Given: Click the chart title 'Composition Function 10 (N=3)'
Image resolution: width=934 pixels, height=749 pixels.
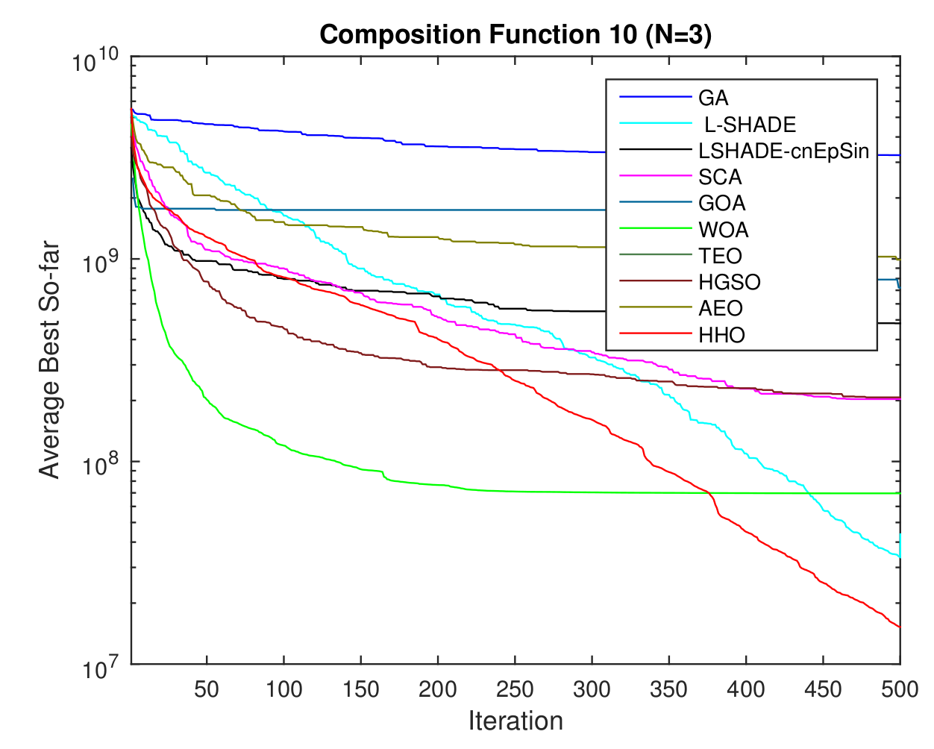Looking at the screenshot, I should coord(515,34).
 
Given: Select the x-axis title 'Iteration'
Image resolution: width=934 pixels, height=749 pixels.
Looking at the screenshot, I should coord(515,721).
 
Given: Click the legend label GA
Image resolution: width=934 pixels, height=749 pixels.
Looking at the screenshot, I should coord(713,98).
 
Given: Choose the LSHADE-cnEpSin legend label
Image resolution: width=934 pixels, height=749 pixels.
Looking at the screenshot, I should coord(783,151).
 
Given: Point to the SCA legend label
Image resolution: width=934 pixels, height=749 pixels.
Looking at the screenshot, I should coord(720,177).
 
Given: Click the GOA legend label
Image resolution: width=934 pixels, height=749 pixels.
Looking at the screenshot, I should coord(721,203).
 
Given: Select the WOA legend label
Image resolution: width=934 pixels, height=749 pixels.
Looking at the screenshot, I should coord(723,230).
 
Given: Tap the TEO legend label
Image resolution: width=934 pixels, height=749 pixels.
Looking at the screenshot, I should coord(720,256).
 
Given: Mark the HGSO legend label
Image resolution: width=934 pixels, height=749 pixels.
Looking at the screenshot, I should coord(729,282).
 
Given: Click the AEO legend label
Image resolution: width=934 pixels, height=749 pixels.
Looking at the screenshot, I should coord(721,308).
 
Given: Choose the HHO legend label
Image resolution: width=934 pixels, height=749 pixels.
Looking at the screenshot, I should coord(721,335).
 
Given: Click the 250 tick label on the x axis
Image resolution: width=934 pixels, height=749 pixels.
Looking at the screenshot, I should coord(515,689).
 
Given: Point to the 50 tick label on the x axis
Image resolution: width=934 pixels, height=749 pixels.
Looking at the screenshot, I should coord(207,689).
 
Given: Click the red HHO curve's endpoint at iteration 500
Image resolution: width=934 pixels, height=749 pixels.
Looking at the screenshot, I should coord(900,627).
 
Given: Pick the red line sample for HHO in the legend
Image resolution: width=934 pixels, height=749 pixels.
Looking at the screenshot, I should coord(656,335).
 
